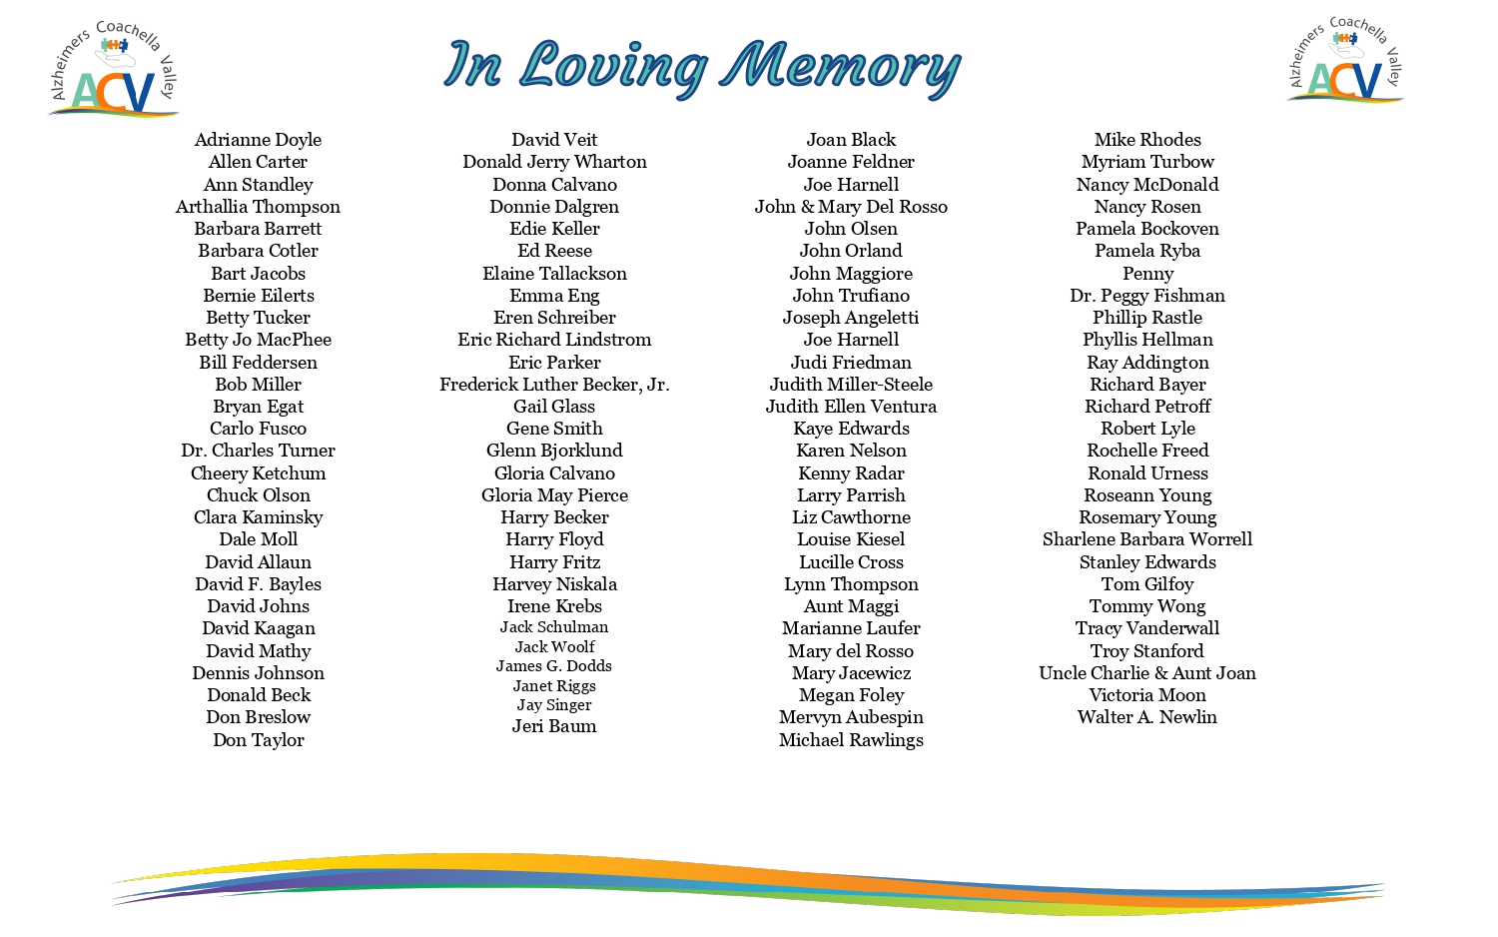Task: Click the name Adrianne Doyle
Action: click(258, 140)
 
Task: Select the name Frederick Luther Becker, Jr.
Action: click(554, 385)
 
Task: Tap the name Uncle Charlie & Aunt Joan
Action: click(1147, 673)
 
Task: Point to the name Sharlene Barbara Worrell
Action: click(1147, 539)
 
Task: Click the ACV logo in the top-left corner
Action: click(114, 70)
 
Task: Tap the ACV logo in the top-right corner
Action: click(1346, 62)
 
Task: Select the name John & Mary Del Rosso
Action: click(851, 207)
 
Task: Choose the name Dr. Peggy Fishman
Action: click(1147, 296)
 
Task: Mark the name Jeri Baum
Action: click(554, 726)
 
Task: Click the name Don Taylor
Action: click(258, 740)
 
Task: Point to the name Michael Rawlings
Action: click(851, 740)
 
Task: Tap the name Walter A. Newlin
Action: click(1147, 717)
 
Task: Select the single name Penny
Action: click(1147, 274)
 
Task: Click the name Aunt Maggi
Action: click(851, 606)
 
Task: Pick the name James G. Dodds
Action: click(554, 666)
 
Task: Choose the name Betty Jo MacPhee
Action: click(258, 340)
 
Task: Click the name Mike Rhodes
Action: click(1147, 140)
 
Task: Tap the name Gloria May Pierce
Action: click(554, 495)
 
